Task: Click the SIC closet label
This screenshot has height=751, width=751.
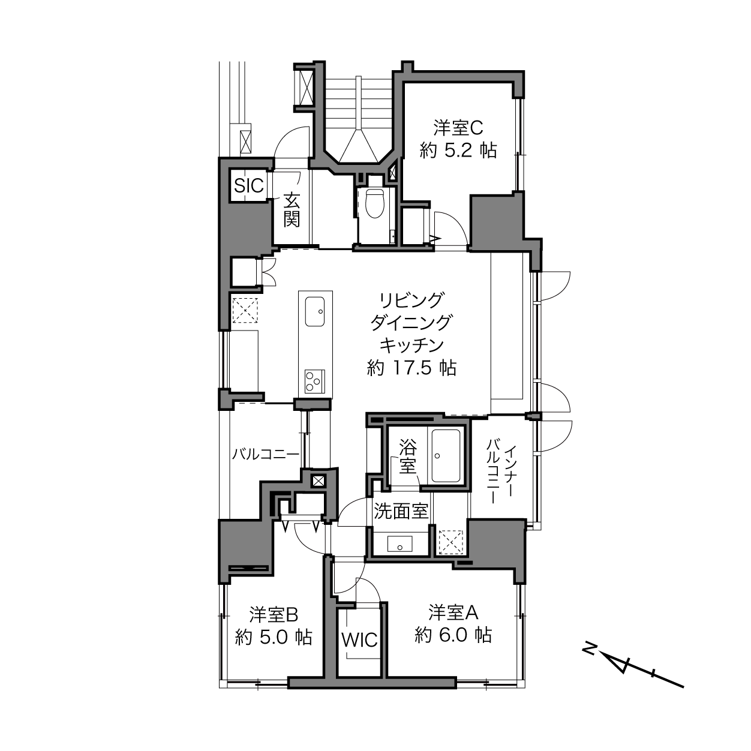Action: click(x=249, y=185)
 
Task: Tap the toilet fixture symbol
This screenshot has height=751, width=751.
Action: click(x=376, y=203)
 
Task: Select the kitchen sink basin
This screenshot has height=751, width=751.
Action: click(x=314, y=311)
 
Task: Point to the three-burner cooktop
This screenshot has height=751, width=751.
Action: click(x=315, y=381)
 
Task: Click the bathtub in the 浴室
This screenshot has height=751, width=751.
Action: click(x=445, y=456)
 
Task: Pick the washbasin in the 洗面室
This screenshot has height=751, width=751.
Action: click(x=400, y=543)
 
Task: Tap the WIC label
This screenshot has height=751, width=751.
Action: click(x=360, y=639)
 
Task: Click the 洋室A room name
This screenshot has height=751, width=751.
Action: click(x=453, y=612)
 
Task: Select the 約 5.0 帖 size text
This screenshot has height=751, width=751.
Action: click(x=274, y=637)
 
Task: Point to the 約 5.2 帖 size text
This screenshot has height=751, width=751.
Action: click(x=458, y=150)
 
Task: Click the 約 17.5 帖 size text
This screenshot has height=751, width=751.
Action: click(x=411, y=368)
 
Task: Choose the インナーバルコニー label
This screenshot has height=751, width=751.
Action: click(x=501, y=471)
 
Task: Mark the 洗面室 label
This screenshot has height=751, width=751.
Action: click(x=401, y=511)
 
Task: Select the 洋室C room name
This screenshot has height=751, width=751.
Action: click(x=458, y=127)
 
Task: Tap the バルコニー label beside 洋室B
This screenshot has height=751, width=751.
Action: click(x=266, y=454)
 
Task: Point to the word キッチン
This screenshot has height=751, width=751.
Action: click(x=412, y=345)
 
